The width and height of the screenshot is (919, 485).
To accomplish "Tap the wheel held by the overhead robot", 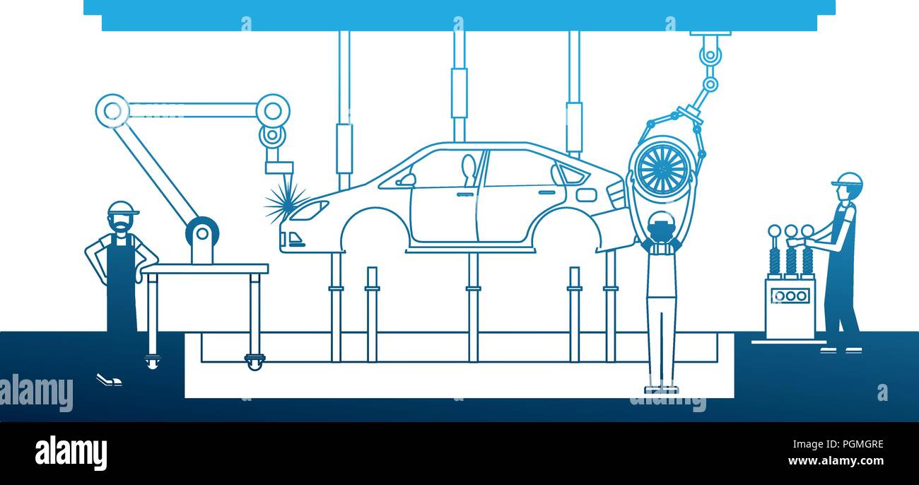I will (x=661, y=168).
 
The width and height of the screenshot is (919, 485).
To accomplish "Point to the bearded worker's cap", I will (x=122, y=209).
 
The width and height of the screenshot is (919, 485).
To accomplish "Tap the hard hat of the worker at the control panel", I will (x=848, y=180).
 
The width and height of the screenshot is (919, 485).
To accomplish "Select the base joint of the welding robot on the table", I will (x=202, y=232).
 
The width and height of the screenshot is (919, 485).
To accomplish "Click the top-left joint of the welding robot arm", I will (x=112, y=111).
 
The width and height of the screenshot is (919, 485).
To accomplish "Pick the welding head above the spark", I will (x=279, y=167).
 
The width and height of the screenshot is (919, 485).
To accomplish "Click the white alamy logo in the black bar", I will (x=71, y=453).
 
